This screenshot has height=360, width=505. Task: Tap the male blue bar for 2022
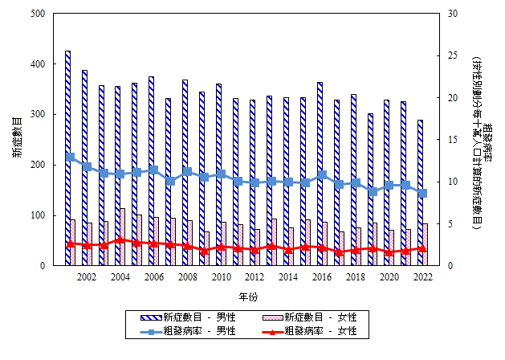[420, 193]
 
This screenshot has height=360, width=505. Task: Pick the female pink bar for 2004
[123, 237]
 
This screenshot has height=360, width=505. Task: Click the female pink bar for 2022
[426, 245]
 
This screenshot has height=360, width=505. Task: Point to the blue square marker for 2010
[221, 174]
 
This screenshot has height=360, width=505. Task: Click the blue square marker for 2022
[423, 193]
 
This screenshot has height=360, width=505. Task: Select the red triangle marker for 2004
[120, 239]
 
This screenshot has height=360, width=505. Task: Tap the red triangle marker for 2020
[389, 252]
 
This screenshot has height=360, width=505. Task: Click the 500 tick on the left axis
[39, 14]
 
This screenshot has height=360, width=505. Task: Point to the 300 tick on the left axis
[39, 115]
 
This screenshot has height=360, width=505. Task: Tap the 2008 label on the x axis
[188, 277]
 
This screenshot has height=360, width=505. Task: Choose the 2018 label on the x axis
[356, 277]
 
